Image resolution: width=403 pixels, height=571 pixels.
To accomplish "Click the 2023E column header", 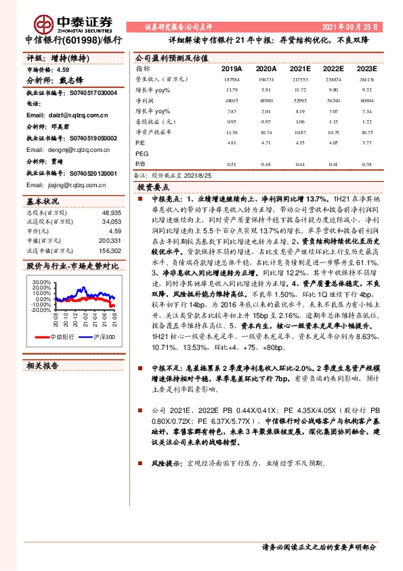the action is click(367, 68).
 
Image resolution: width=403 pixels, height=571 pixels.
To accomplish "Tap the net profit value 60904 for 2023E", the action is click(366, 100).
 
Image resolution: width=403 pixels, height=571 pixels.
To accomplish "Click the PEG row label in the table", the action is click(142, 154).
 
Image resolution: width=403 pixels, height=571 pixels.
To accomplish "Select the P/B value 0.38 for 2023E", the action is click(366, 163).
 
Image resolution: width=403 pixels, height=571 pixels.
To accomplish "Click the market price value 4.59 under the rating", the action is click(64, 69).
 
